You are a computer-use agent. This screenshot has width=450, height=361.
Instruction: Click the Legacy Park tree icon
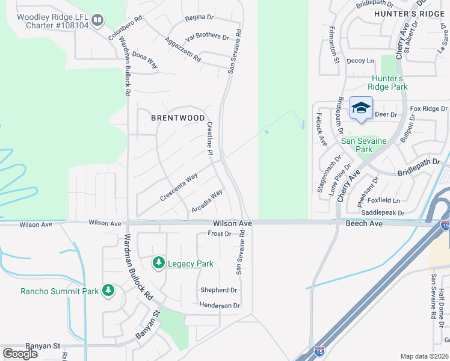coord(159,263)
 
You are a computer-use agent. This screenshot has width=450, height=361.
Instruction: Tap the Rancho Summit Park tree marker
coord(108,291)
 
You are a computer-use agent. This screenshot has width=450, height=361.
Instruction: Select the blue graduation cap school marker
coord(361,108)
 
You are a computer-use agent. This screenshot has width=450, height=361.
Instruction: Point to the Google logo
coord(20,354)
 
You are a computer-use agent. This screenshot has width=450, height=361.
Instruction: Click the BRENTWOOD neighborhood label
coord(177,118)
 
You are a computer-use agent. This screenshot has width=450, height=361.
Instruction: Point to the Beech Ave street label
coord(364,224)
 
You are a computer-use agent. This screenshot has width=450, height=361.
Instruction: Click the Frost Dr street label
coord(219,233)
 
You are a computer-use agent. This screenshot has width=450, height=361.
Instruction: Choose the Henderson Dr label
coord(220,306)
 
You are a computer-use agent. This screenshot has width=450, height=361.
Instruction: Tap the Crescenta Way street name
coord(179,187)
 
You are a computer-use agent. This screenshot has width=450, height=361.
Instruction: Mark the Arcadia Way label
coord(207,201)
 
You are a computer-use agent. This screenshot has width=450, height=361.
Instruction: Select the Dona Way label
coord(145,60)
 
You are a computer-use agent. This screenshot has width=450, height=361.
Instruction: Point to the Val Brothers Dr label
coord(208,36)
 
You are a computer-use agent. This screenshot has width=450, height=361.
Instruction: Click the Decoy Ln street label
coord(360,61)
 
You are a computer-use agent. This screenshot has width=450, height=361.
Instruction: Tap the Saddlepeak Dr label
coord(383,213)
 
